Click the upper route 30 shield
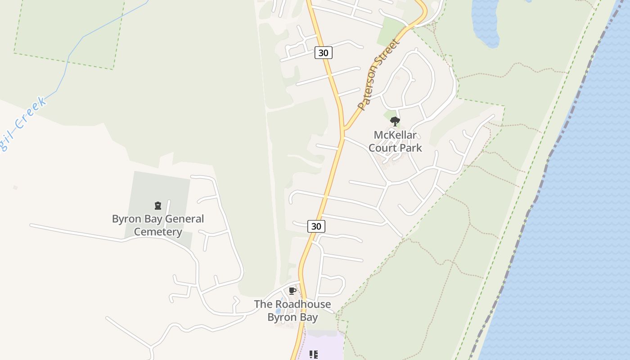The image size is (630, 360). [x=323, y=53]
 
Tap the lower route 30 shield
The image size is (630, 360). [x=316, y=226]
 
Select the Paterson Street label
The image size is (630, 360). [x=378, y=75]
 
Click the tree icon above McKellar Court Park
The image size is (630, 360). [x=395, y=121]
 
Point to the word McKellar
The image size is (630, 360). [x=395, y=135]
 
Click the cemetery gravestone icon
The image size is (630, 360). [x=158, y=206]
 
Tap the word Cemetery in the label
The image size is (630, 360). [x=158, y=232]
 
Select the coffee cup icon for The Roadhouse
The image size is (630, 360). [x=292, y=291]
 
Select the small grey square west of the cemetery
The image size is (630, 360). [x=16, y=187]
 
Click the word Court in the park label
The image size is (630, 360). [x=381, y=148]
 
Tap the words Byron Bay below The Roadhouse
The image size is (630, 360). [x=292, y=317]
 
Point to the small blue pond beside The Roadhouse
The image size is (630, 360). [x=278, y=310]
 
